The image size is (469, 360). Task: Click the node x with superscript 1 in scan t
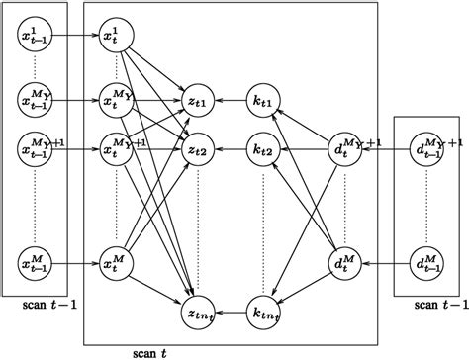pos(117,39)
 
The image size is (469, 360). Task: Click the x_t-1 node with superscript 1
pos(36,39)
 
